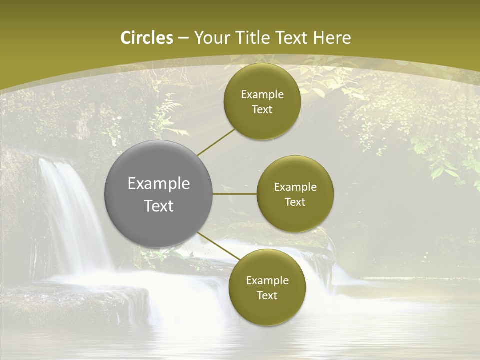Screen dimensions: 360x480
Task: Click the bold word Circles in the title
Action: coord(146,38)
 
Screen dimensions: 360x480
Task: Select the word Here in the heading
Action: coord(332,38)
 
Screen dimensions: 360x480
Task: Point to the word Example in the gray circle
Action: coord(159,184)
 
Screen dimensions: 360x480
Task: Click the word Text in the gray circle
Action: coord(159,206)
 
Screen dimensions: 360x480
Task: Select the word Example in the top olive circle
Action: coord(262,95)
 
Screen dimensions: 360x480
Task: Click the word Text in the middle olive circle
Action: coord(295,202)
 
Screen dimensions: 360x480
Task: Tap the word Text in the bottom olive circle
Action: coord(267,295)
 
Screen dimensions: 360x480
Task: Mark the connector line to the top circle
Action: coord(216,142)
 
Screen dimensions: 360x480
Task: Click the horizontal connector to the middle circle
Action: coord(235,194)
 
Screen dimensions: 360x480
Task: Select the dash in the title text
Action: coord(183,38)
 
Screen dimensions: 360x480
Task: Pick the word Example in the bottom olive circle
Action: coord(267,280)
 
